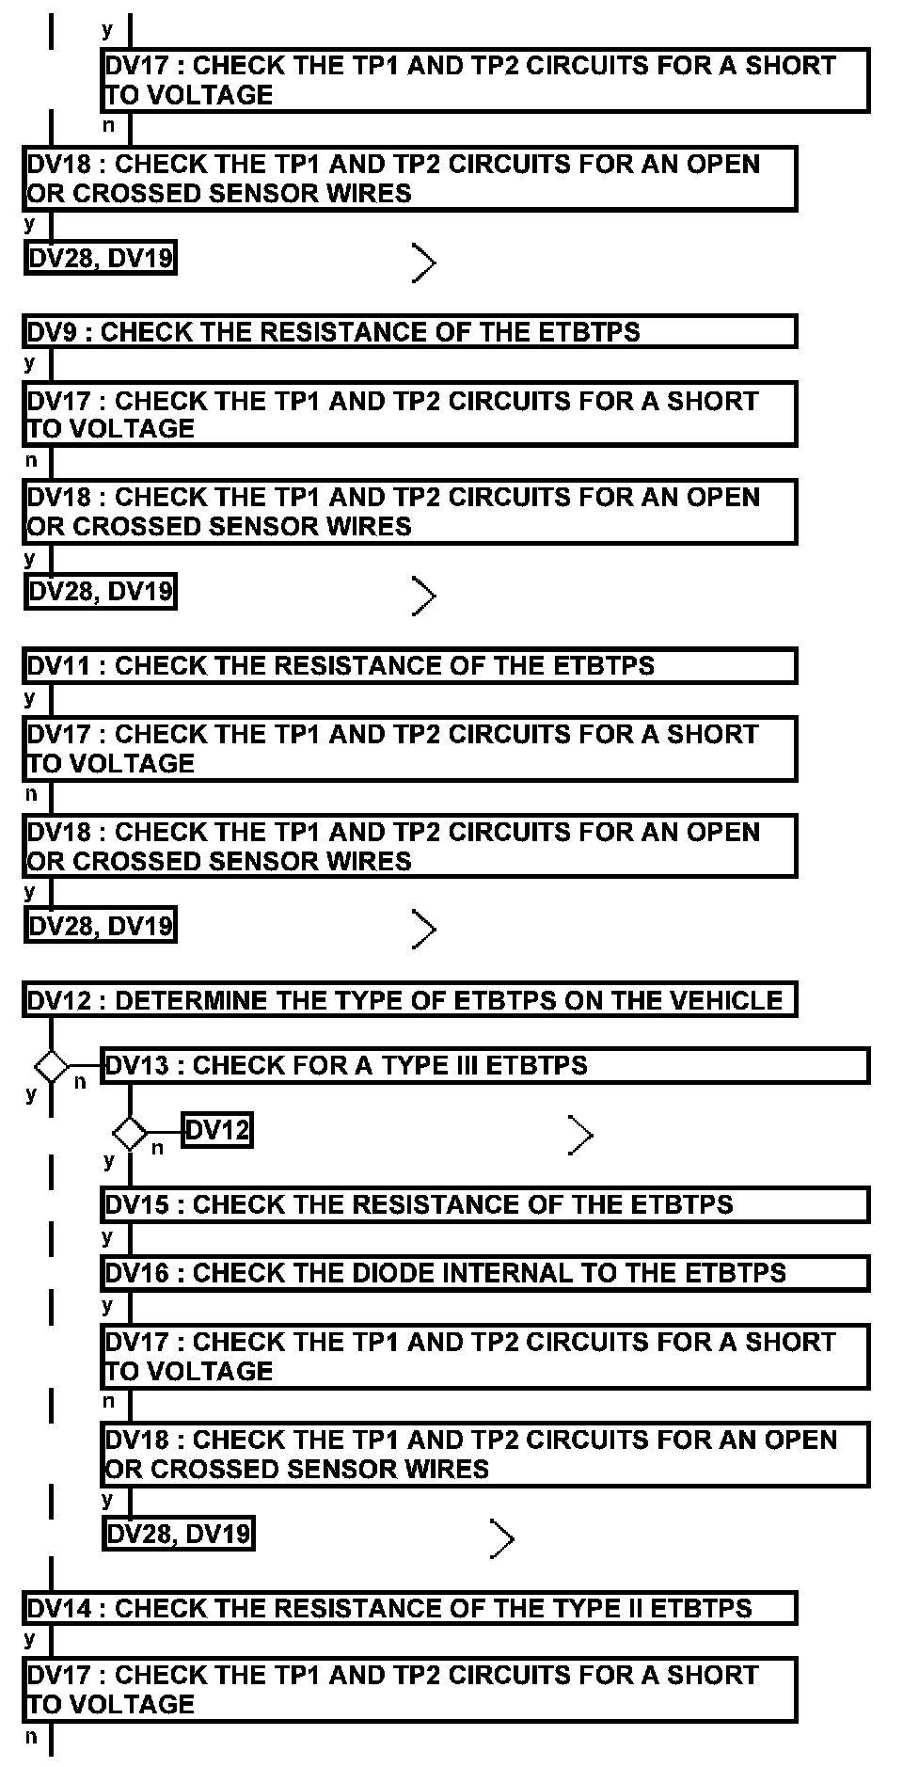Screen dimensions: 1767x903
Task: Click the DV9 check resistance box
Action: (410, 332)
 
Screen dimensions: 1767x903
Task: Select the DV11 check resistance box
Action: (410, 666)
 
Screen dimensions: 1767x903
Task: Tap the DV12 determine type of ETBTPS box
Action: (410, 999)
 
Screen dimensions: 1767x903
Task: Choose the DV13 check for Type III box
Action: (484, 1066)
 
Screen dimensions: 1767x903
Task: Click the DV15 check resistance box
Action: (484, 1205)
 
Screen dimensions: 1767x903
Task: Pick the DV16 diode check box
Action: (484, 1273)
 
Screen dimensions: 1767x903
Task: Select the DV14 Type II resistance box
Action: (410, 1608)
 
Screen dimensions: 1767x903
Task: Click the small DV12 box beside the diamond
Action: (217, 1130)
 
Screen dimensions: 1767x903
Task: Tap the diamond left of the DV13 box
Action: (52, 1067)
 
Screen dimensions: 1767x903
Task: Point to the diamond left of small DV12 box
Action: (130, 1132)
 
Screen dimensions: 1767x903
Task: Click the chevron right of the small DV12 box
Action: (581, 1136)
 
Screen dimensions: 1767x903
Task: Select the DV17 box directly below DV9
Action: (410, 414)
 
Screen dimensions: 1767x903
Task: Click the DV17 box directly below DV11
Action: (410, 748)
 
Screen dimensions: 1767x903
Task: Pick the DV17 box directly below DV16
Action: (484, 1356)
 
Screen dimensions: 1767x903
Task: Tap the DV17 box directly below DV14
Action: (410, 1690)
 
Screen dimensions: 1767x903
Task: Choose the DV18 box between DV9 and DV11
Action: (410, 512)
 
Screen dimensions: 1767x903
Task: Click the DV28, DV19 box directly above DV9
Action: (101, 258)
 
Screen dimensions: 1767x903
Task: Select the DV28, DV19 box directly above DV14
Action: (179, 1535)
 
